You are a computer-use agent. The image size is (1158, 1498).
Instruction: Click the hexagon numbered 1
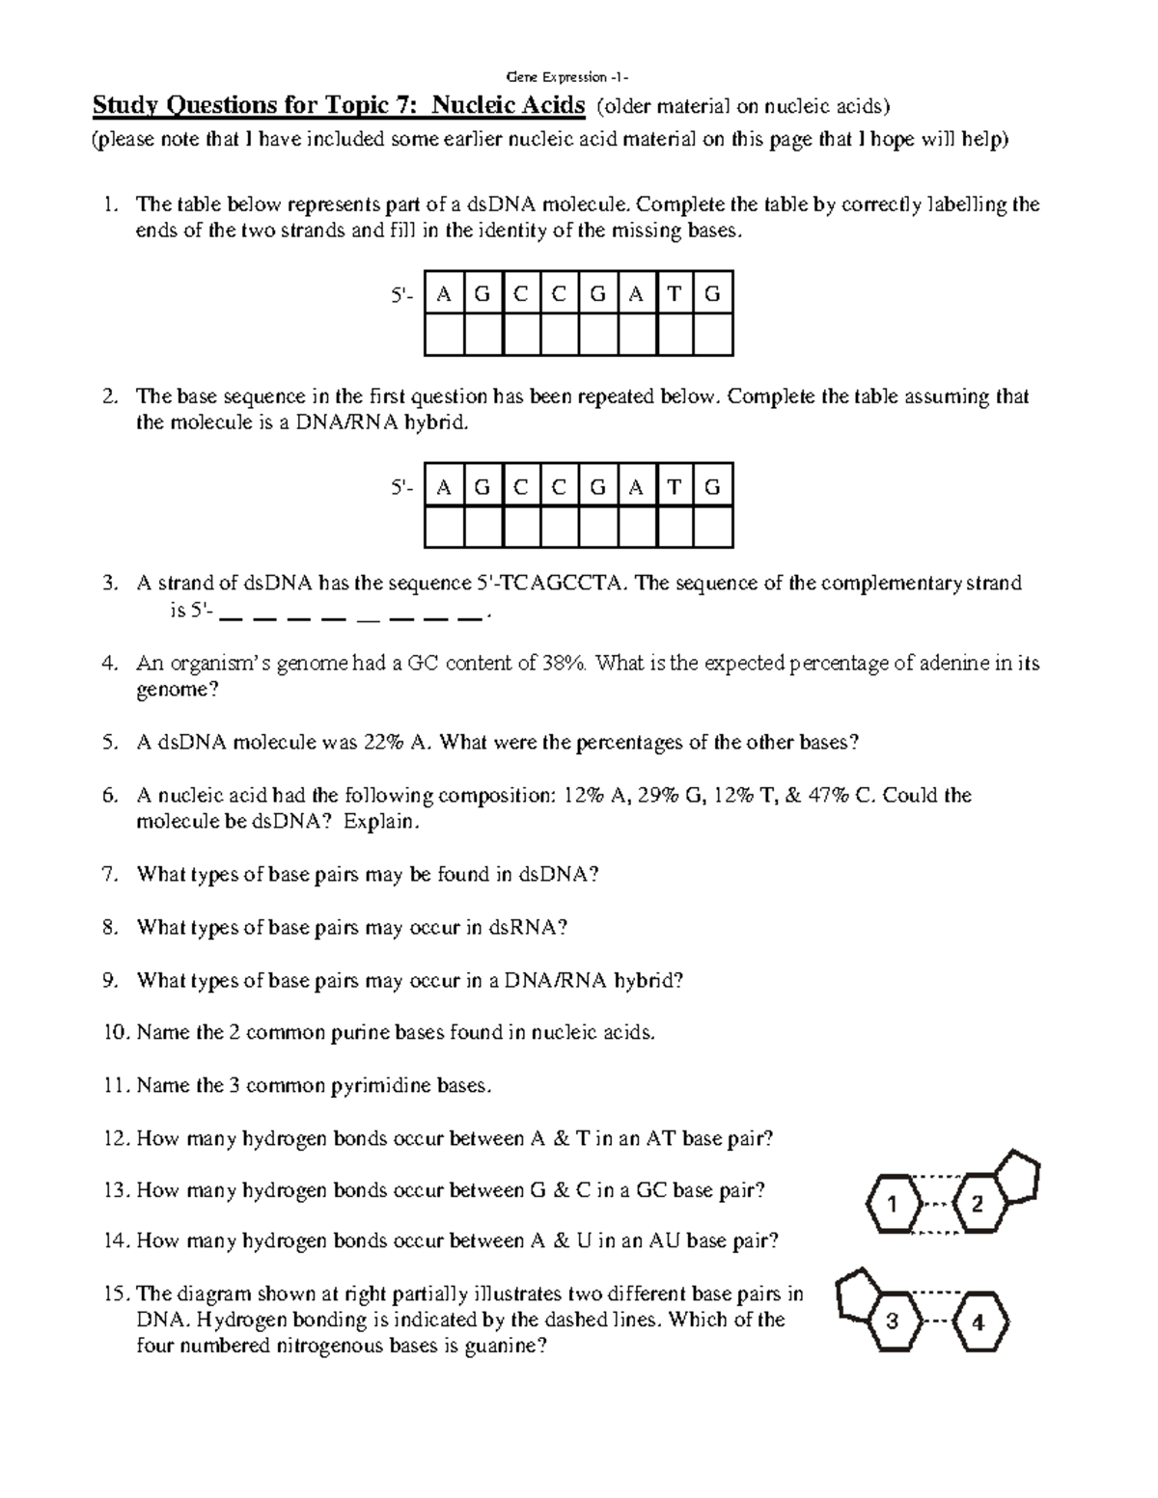(x=892, y=1204)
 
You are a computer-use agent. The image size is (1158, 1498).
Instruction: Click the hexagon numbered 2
(x=978, y=1204)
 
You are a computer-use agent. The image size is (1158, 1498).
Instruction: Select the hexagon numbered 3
(x=892, y=1321)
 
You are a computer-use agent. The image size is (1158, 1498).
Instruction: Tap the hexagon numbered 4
(x=978, y=1322)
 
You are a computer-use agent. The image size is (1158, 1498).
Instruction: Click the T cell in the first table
(x=675, y=295)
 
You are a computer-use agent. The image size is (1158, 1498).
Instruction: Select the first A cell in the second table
(x=444, y=487)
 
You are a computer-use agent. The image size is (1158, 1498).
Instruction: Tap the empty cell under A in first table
(x=444, y=336)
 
